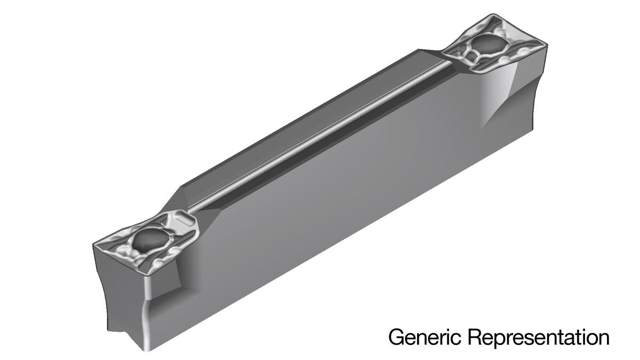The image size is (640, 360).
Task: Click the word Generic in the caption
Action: click(425, 338)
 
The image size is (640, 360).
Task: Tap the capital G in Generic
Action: click(397, 337)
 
